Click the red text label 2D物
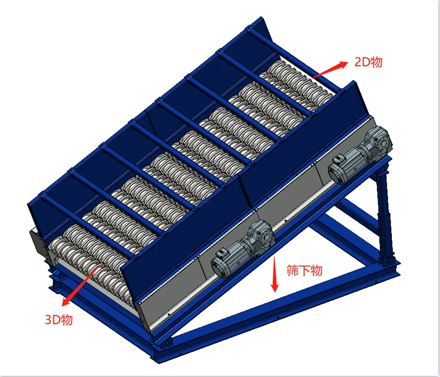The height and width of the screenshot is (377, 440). (368, 62)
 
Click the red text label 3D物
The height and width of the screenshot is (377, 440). (59, 319)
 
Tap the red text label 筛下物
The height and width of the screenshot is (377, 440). (305, 271)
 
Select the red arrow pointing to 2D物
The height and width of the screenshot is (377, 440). (330, 70)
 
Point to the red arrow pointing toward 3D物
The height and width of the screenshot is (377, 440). (81, 285)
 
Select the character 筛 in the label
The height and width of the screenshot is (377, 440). (293, 271)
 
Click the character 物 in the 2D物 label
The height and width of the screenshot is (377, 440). (376, 62)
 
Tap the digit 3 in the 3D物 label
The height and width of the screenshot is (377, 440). (49, 319)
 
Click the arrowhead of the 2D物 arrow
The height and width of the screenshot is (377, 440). (344, 64)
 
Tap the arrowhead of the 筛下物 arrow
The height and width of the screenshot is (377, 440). (275, 287)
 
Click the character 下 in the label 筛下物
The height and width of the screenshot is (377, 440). (305, 271)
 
